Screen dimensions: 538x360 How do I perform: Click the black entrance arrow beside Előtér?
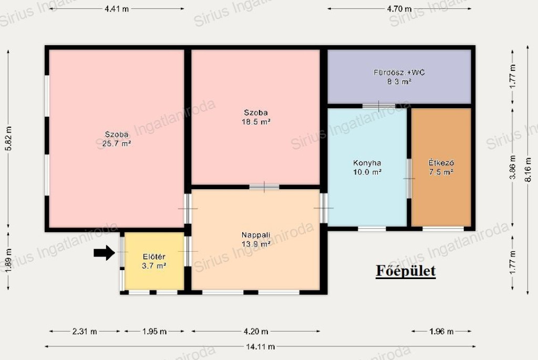coord(105,253)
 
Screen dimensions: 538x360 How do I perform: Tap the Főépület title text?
coord(406,271)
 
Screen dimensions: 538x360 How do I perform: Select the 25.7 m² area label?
coord(117,144)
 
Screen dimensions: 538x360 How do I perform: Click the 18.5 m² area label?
coord(256,122)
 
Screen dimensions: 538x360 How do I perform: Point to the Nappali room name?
coord(256,235)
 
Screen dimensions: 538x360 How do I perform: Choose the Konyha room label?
coord(367,163)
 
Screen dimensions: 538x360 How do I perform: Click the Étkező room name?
coord(441,163)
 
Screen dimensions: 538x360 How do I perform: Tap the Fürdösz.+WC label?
coord(399,73)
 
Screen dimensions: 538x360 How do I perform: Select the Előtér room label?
coord(154,256)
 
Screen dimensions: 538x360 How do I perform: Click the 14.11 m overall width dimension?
coord(261,347)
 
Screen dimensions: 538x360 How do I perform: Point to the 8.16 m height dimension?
coord(529,170)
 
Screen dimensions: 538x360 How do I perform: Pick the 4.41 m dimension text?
coord(117,9)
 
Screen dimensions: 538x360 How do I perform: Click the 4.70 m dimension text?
coord(399,9)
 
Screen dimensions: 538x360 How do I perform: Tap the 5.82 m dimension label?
coord(8,138)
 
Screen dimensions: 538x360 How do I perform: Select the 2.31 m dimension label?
coord(85,332)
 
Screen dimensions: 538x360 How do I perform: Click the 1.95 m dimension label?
coord(154,332)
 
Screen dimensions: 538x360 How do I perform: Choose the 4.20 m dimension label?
coord(256,332)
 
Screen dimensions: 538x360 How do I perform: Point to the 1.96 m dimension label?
coord(441,332)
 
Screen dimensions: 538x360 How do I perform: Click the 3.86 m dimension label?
coord(513,167)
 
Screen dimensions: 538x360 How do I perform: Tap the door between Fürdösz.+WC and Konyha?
coord(379,106)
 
